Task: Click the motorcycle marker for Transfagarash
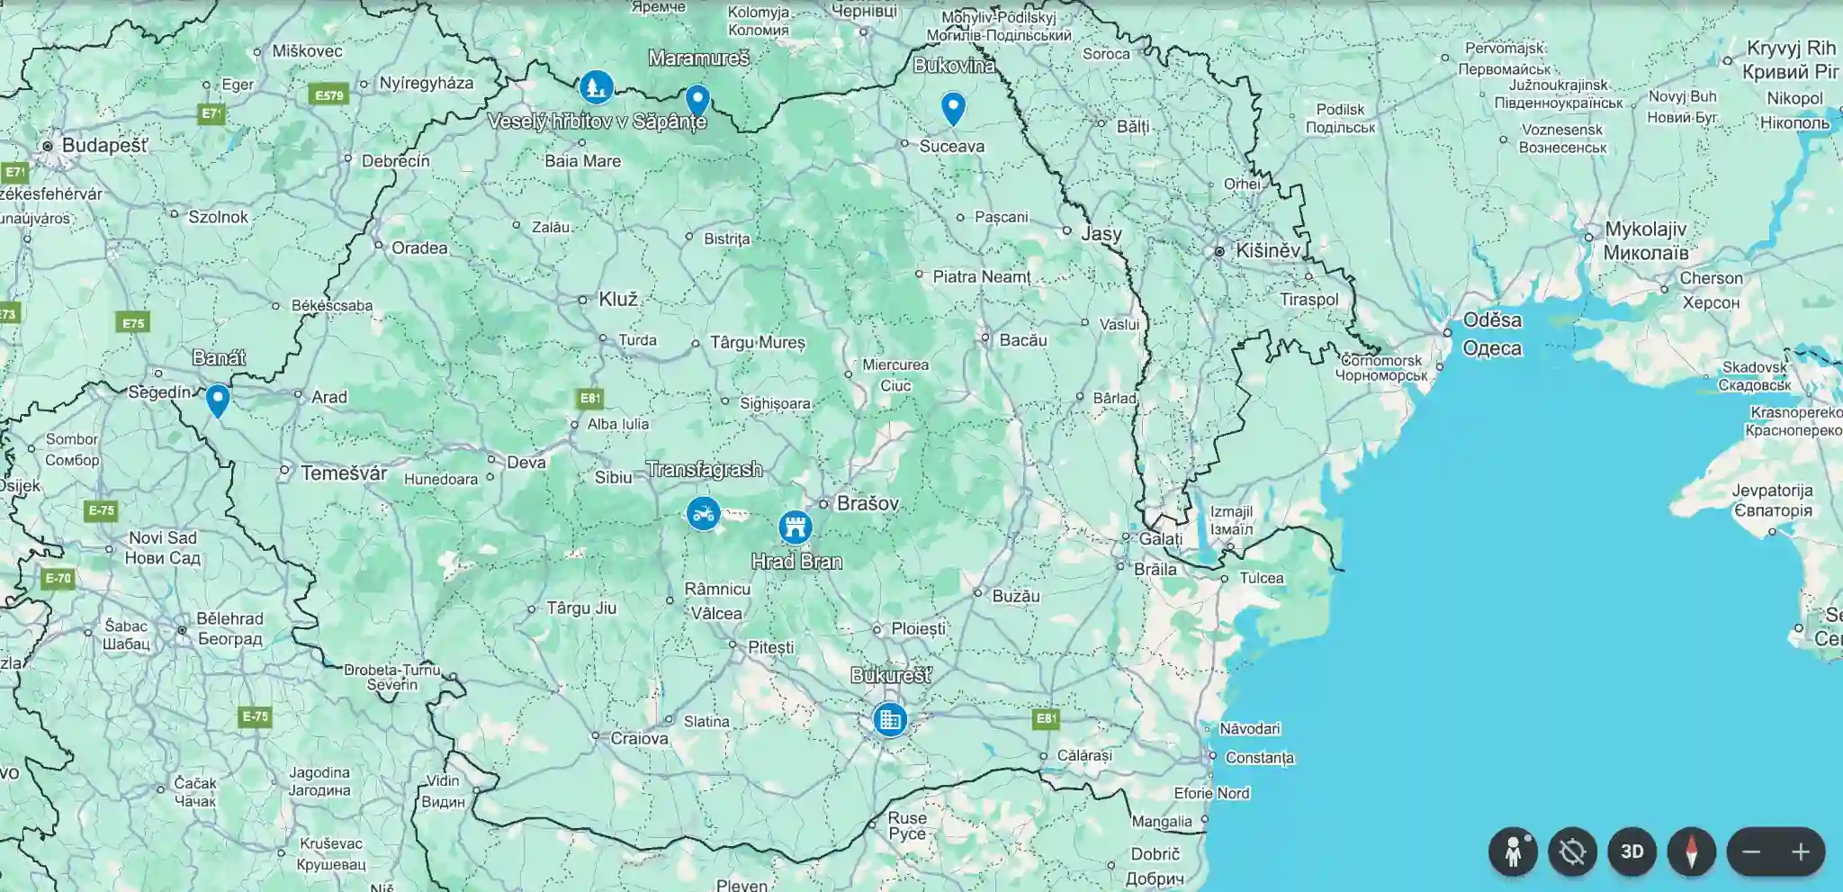tap(703, 514)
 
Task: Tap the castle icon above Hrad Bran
tap(795, 527)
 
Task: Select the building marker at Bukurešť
tap(890, 719)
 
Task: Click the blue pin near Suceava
tap(953, 107)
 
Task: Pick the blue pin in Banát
tap(218, 399)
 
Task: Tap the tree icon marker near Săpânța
tap(596, 87)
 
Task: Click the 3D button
tap(1632, 851)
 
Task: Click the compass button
tap(1691, 851)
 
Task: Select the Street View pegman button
tap(1513, 851)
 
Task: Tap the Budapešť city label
tap(104, 145)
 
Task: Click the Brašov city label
tap(868, 503)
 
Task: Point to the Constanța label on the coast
tap(1259, 757)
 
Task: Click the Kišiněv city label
tap(1267, 250)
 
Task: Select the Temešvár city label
tap(344, 473)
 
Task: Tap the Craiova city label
tap(639, 738)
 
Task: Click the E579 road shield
tap(328, 95)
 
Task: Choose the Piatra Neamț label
tap(981, 276)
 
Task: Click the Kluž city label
tap(618, 299)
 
